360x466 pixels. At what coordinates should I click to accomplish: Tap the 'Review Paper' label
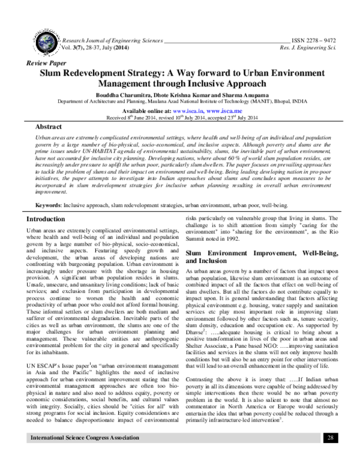[44, 62]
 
